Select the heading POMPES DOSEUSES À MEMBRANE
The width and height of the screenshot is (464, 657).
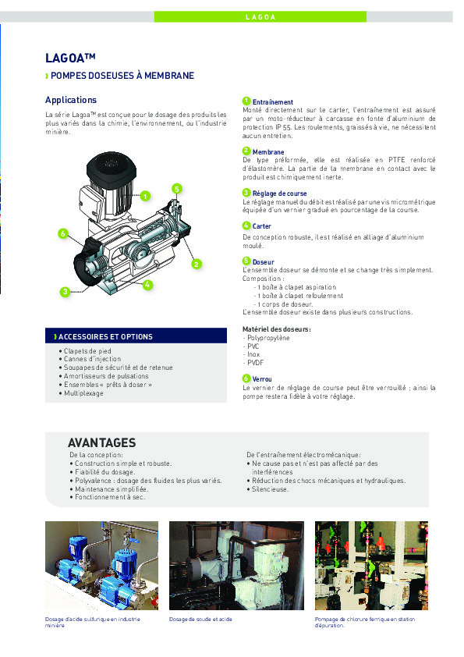[122, 76]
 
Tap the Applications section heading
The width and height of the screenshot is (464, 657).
[71, 100]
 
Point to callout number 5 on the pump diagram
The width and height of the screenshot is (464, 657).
[177, 189]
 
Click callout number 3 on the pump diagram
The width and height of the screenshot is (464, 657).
[64, 291]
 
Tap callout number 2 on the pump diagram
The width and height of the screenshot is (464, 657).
[197, 264]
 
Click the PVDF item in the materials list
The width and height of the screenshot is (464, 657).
[254, 364]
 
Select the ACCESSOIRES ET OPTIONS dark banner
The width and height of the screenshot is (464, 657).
[136, 336]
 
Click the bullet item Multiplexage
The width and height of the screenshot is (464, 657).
[83, 393]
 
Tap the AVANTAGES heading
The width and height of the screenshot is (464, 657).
[101, 442]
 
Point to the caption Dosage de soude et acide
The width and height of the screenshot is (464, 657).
[200, 619]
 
